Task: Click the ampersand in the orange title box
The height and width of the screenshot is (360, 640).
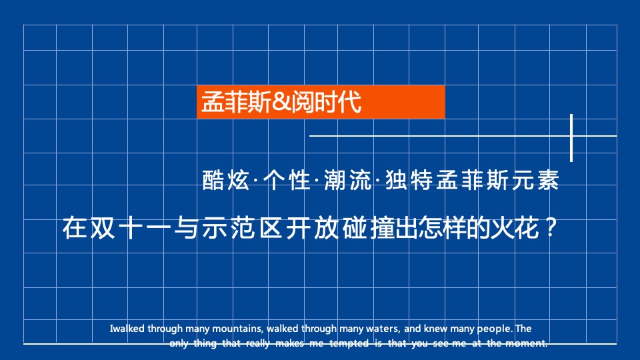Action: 283,103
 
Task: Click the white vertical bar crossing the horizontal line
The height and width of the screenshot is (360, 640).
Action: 572,137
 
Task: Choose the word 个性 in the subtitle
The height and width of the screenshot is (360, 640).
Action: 285,181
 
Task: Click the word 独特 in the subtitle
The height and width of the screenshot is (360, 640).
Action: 409,181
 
